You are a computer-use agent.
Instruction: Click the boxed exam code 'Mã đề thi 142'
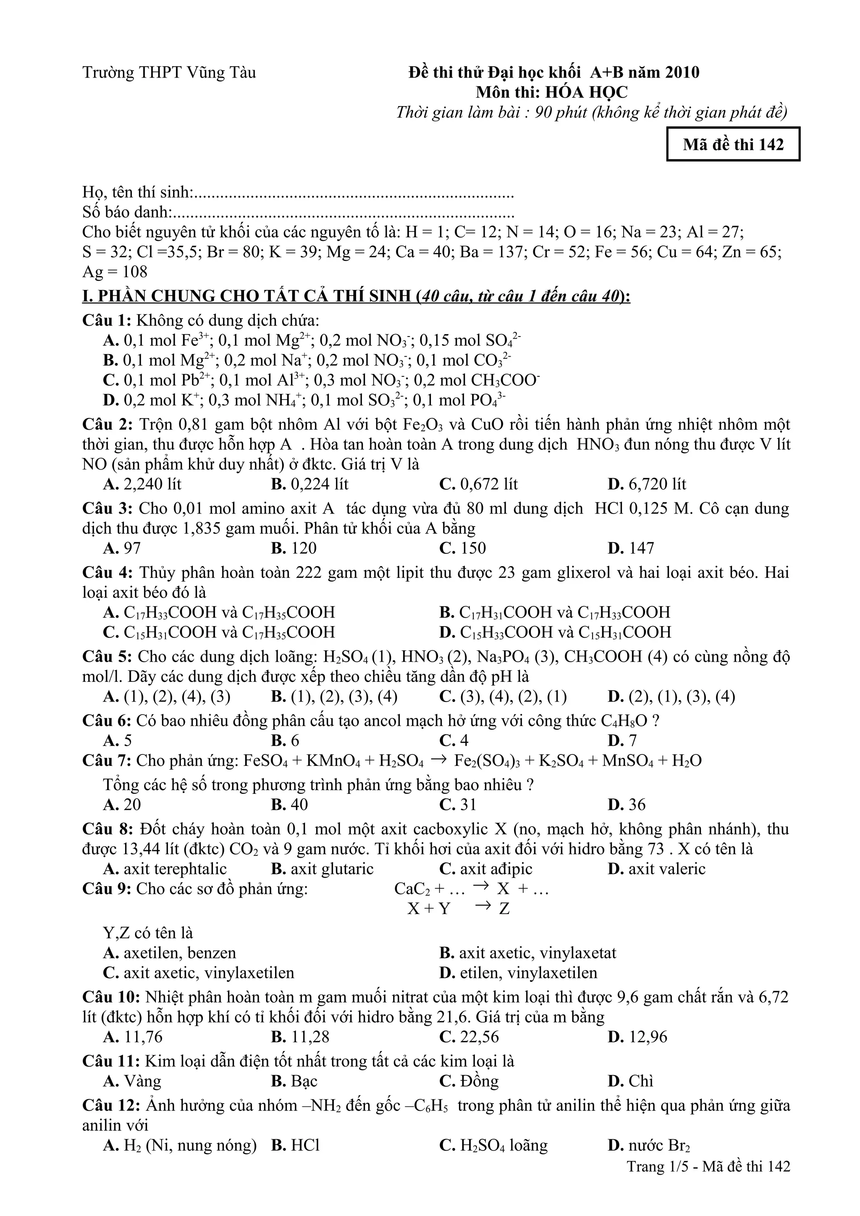[733, 144]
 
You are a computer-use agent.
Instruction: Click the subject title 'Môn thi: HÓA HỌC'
[551, 93]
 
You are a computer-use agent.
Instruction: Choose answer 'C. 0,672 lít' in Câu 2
[478, 484]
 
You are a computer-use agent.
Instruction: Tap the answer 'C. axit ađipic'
[485, 869]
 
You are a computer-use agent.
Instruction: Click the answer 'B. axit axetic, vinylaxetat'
[528, 953]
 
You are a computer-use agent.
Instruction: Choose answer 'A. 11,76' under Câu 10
[133, 1036]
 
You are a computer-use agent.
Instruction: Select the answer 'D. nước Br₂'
[649, 1145]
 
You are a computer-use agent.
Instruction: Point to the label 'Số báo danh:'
[128, 212]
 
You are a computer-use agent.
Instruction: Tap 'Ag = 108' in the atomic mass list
[115, 272]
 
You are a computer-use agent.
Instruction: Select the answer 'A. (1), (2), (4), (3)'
[167, 697]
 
